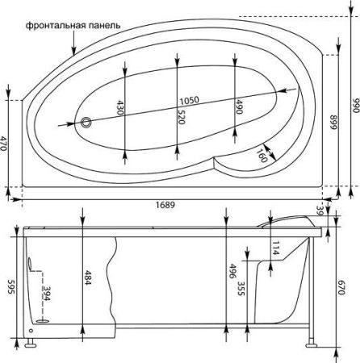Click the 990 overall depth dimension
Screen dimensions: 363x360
coord(353,105)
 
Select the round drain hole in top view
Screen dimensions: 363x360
coord(87,123)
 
